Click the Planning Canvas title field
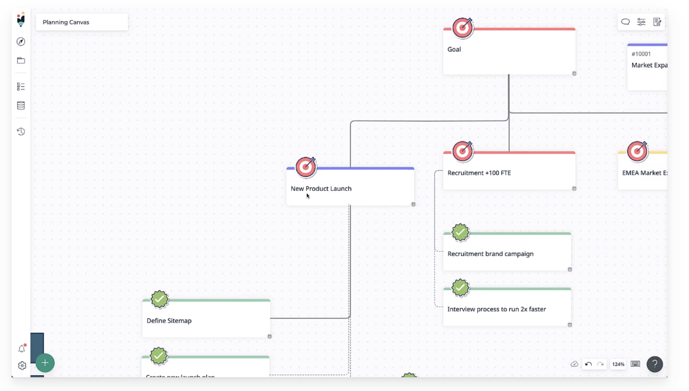point(81,22)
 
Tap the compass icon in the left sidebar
point(21,42)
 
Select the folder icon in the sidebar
point(21,61)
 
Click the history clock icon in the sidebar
point(21,132)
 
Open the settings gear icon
point(22,366)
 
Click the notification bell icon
point(22,349)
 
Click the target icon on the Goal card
point(463,28)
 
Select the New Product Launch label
point(321,189)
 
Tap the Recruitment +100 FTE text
point(479,173)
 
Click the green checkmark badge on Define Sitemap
point(159,299)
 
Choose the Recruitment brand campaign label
point(490,254)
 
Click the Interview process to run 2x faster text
point(496,309)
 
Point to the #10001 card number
point(641,54)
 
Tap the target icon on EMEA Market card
point(637,151)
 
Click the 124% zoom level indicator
point(618,364)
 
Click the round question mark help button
point(655,364)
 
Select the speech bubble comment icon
point(625,22)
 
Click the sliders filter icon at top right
point(641,22)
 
